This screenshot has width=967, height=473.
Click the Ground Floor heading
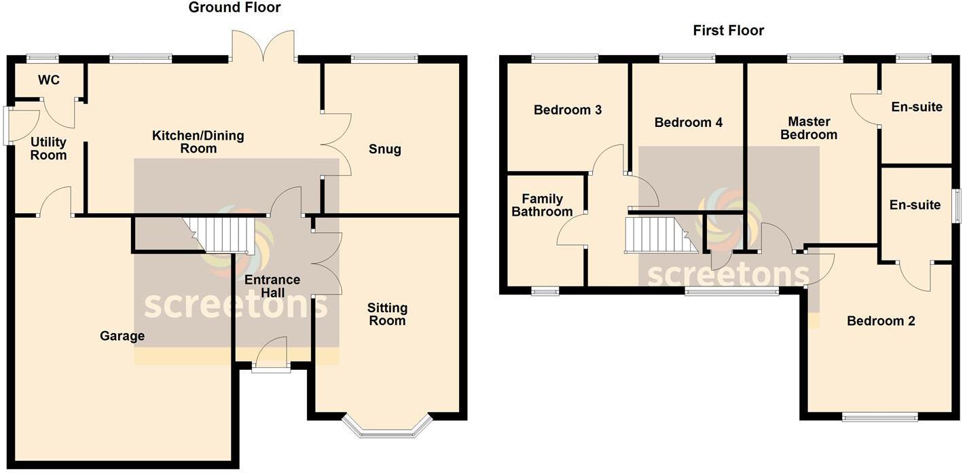pos(234,8)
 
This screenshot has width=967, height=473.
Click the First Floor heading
pos(728,31)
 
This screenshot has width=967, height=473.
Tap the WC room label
pos(49,80)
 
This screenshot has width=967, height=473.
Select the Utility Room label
pos(49,149)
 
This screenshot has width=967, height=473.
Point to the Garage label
pos(122,336)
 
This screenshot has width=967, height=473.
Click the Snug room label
pos(385,149)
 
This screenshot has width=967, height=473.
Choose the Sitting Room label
pos(387,314)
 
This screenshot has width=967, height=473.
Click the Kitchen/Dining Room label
pos(198,142)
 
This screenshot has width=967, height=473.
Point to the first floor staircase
pos(659,235)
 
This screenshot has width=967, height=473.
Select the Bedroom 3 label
pos(568,110)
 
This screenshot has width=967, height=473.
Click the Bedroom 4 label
pos(688,123)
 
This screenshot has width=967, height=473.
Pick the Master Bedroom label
pos(809,128)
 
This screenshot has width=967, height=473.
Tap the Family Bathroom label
pos(542,205)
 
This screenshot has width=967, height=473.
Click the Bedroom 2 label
pos(881,321)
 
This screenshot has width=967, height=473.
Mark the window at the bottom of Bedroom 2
pos(879,417)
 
